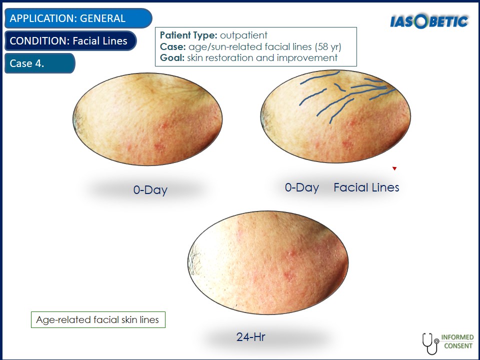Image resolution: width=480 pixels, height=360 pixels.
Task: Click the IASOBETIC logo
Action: coord(429,21)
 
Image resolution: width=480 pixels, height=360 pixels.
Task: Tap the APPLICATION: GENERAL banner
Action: coord(78,18)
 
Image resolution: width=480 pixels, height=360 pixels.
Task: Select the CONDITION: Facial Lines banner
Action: coord(70,40)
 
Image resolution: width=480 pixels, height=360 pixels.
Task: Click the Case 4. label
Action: coord(40,63)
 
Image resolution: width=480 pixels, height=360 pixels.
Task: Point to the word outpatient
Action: coord(243,35)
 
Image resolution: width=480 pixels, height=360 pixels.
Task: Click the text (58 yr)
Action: coord(328,46)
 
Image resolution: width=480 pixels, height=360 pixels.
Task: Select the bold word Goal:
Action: coord(172,58)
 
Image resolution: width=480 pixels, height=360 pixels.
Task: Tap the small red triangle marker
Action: coord(394,168)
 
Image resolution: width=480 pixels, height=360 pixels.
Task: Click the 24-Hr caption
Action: coord(250,337)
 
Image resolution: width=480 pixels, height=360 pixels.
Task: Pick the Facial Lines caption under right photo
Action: coord(366,187)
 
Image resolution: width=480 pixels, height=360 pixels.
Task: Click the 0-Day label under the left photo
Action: coord(150,190)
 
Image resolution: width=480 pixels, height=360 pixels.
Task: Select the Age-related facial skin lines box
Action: coord(98,319)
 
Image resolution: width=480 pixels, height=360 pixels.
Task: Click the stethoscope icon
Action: coord(430,343)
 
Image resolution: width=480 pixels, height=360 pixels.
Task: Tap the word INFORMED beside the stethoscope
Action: coord(457,337)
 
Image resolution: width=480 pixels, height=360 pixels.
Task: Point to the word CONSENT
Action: coord(458,346)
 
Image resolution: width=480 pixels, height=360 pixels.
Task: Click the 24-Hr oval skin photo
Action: coord(268,262)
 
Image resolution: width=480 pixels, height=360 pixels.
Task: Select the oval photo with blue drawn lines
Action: coord(335,116)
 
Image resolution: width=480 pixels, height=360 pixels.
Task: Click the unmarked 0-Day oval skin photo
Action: coord(147,119)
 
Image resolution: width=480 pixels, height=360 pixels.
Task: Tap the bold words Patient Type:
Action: coord(188,35)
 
